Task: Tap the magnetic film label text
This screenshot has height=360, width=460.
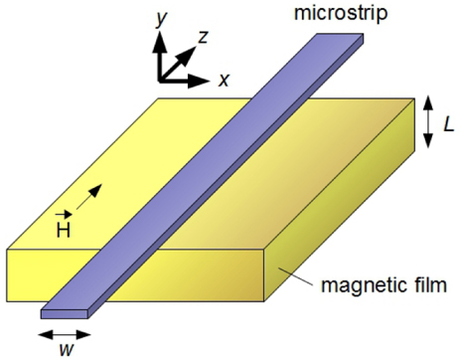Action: coord(385,287)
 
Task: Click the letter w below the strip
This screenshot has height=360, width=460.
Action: coord(63,348)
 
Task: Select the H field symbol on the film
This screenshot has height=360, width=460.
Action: coord(64,228)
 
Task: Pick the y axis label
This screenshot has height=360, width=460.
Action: coord(159,17)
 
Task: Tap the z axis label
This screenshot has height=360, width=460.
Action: coord(203,38)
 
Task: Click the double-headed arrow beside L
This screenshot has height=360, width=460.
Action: coord(426,122)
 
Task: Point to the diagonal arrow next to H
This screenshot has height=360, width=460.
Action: coord(88,201)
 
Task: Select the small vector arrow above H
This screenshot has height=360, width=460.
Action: coord(63,213)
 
